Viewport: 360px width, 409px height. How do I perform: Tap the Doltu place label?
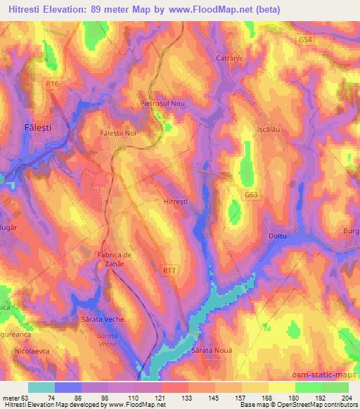[279, 236]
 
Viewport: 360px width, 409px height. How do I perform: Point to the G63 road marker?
[252, 195]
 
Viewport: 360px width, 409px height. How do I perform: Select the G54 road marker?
[305, 41]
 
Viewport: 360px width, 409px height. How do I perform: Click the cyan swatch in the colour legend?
[41, 387]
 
